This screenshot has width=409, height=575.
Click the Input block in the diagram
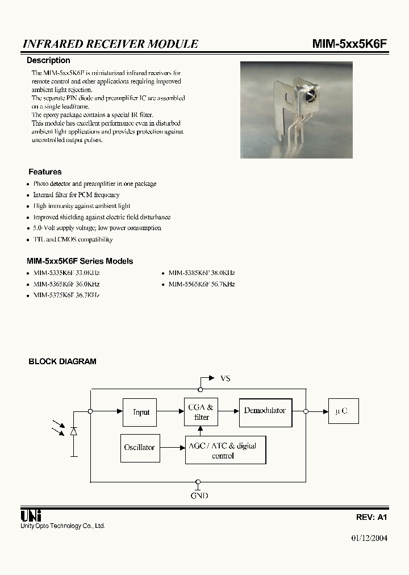click(140, 412)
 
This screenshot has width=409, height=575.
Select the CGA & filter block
click(201, 412)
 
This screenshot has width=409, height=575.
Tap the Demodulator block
click(265, 411)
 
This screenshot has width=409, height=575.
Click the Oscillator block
click(140, 447)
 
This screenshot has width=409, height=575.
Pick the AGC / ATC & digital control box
click(226, 451)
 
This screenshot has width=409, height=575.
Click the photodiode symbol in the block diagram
click(73, 431)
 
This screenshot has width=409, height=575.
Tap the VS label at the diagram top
click(225, 378)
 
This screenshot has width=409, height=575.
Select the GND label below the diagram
click(199, 495)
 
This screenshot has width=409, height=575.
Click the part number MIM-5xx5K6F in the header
click(349, 44)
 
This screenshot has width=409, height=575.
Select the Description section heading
click(49, 60)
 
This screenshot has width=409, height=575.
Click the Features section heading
click(45, 172)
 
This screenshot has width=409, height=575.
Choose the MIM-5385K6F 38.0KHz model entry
click(201, 273)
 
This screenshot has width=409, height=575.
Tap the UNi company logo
click(30, 516)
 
